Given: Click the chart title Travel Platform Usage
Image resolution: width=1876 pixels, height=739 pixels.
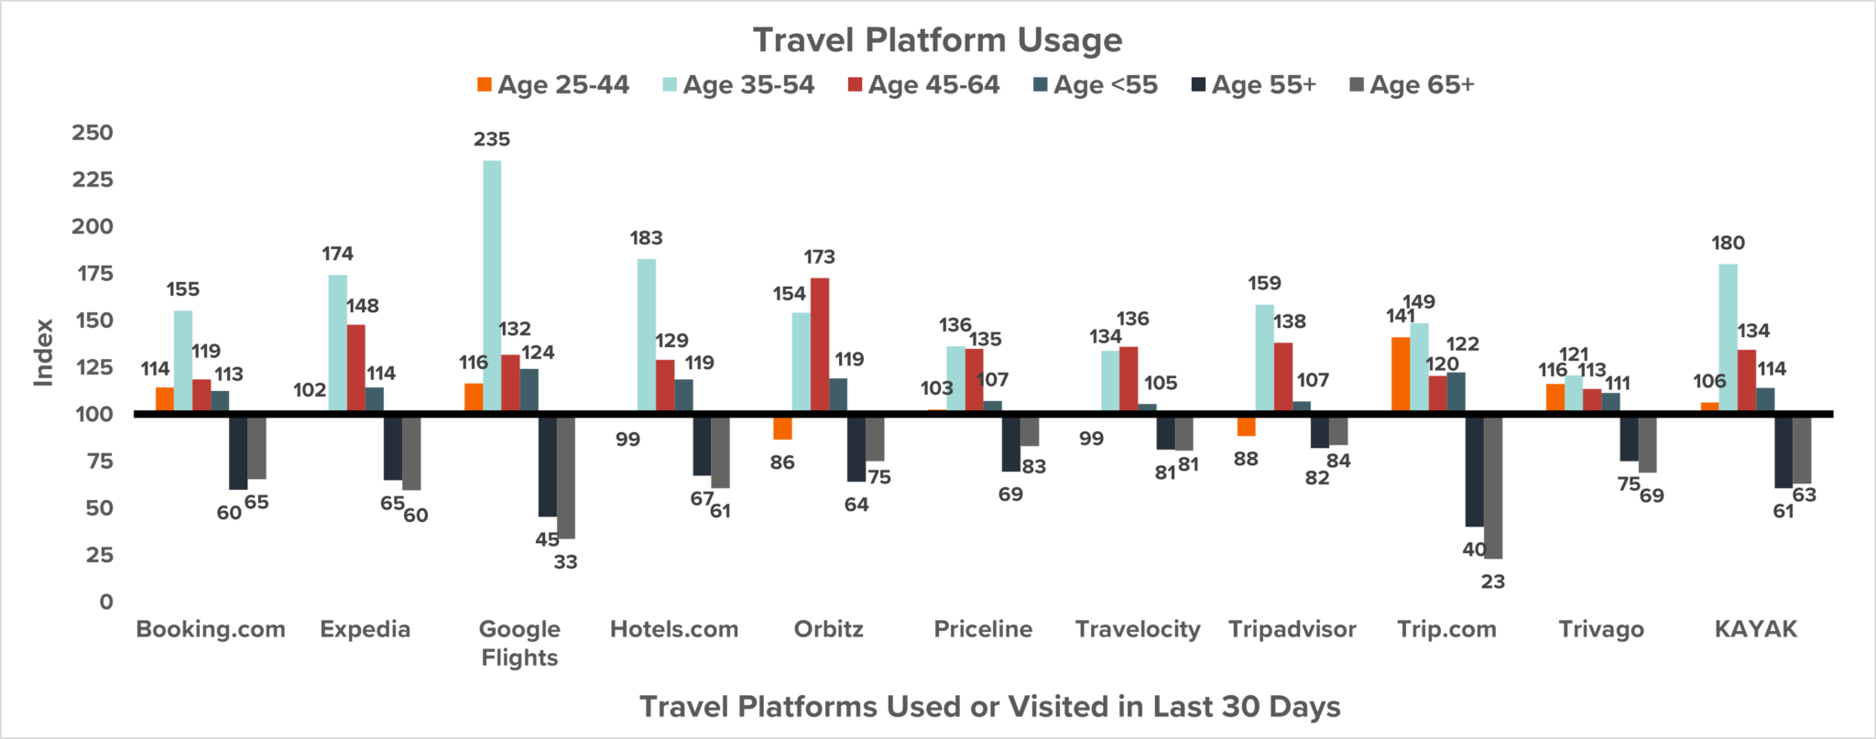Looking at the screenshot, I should coord(937,40).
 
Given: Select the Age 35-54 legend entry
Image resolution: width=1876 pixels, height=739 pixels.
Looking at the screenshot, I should coord(738,85).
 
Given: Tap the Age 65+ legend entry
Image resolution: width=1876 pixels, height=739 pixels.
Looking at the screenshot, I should coord(1412,85).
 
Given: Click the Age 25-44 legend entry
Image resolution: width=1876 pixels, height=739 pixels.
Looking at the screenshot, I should coord(553,85).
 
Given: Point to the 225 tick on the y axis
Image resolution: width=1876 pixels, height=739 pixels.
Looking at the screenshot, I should coord(93,179).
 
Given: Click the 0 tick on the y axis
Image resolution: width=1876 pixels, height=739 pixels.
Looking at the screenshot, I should coord(106,602).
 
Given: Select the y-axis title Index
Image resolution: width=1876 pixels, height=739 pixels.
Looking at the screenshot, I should coord(43,353).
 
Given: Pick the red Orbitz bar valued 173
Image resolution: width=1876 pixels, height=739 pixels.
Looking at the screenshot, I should coord(820,345).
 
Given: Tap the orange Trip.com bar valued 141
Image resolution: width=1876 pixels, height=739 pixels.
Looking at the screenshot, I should coord(1401,375).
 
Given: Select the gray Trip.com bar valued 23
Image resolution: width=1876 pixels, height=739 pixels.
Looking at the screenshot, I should coord(1493,486).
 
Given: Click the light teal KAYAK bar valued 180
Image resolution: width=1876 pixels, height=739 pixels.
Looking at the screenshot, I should coord(1729,338).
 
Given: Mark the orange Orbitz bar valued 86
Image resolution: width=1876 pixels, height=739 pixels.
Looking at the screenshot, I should coord(782,427).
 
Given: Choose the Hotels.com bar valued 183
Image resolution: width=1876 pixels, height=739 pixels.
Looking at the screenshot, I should coord(647,335).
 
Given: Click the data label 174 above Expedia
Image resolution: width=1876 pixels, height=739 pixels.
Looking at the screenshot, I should coord(337,254).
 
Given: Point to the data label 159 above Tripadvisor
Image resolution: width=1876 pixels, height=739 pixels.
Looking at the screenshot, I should coord(1264,284).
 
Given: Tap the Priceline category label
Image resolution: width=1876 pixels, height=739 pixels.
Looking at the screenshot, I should coord(983,629).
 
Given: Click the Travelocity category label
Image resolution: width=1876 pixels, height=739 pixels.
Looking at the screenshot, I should coord(1138,629).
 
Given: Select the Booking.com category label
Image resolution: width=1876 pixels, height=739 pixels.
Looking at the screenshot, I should coord(211,629).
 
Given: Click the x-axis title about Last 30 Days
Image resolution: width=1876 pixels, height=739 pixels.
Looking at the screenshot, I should coord(989,706).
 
